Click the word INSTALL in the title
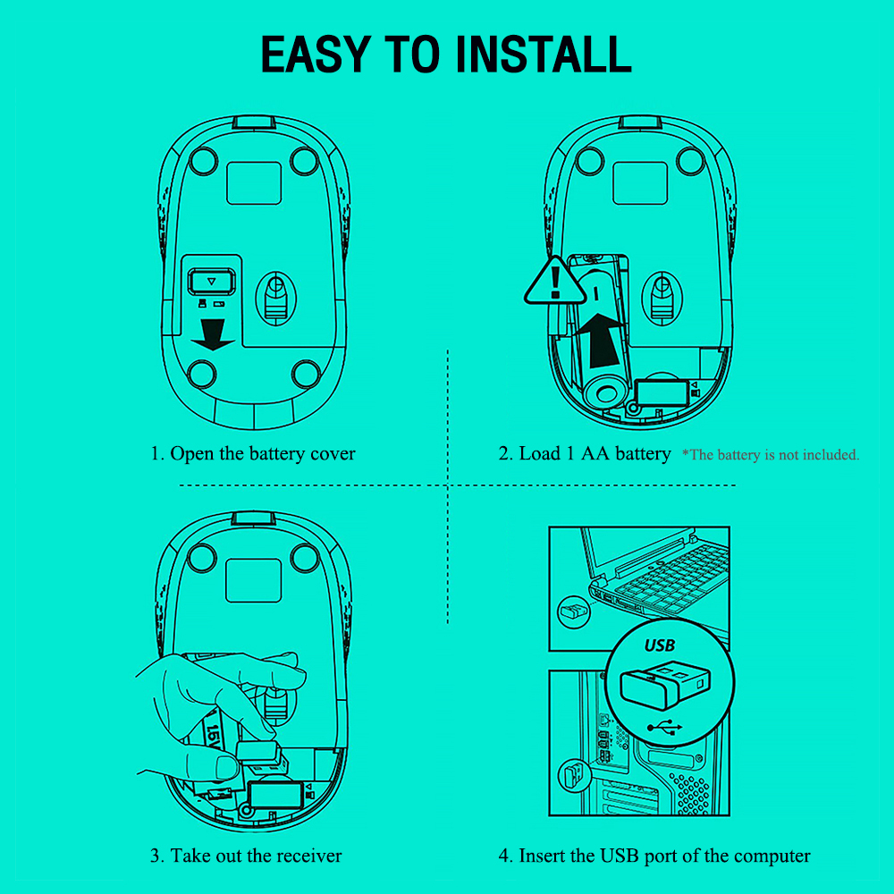tap(544, 55)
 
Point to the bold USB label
tap(660, 645)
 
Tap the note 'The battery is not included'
tap(771, 455)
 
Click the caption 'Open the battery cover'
tap(253, 454)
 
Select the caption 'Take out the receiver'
tap(246, 856)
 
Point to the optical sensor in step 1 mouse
tap(274, 294)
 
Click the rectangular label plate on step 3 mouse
tap(253, 580)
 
